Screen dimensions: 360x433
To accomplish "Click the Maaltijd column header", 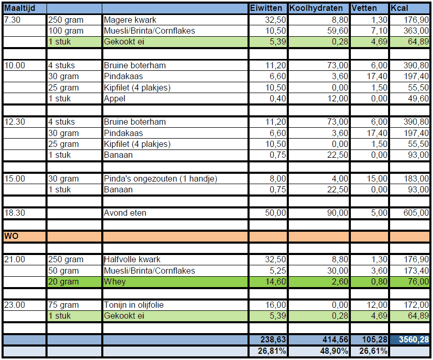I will (19, 9).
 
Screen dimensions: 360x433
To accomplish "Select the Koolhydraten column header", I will (315, 9).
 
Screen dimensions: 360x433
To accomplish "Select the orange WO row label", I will (11, 236).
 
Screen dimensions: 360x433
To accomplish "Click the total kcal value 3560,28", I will (413, 340).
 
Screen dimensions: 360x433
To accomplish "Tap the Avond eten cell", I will (125, 213).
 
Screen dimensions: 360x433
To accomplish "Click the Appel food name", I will (114, 99).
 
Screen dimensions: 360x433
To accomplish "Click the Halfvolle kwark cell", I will (132, 260).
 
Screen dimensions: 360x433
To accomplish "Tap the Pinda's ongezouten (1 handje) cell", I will (160, 179).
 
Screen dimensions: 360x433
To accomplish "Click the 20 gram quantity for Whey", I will (63, 282).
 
